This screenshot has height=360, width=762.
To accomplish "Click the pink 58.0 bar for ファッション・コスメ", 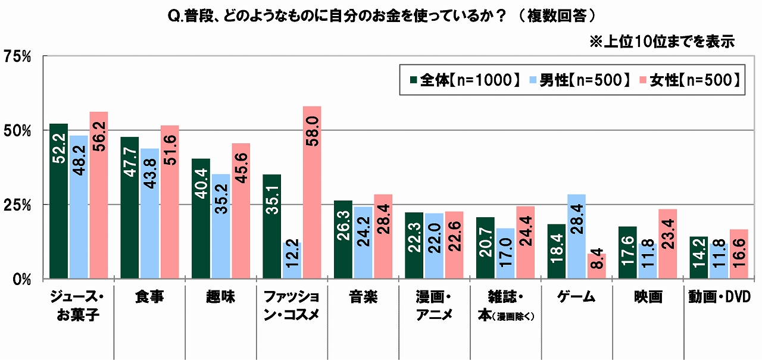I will coord(312,192).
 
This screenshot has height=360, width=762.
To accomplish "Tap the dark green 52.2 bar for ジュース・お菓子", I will coord(58,201).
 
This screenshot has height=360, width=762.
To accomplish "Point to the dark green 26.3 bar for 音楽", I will coord(343,239).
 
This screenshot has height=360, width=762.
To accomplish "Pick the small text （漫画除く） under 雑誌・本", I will coord(512,316).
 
